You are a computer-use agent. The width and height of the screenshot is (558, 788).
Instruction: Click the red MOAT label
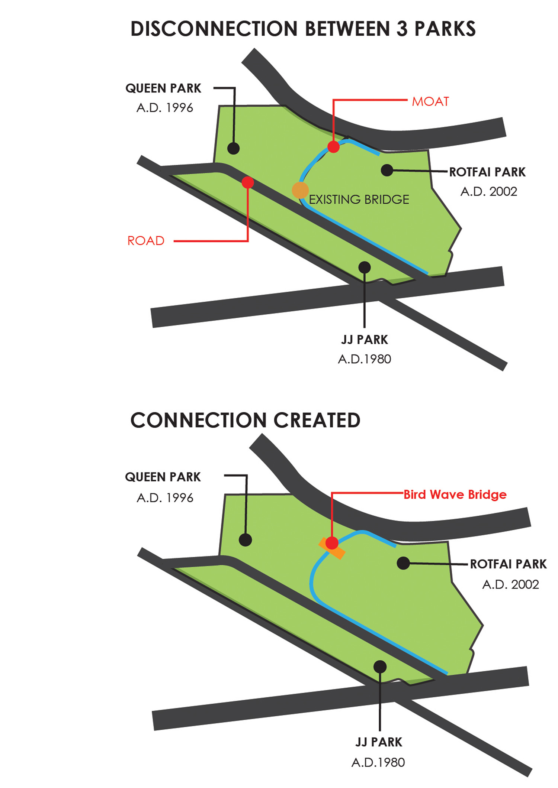point(430,101)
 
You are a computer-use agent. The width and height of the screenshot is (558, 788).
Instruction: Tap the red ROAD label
point(146,241)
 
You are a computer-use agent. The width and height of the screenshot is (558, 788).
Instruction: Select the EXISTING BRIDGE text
point(359,200)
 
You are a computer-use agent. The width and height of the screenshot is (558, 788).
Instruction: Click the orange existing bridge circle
point(300,190)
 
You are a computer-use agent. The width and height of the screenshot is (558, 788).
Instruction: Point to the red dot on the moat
point(334,147)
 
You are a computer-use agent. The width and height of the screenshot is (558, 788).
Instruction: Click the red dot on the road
point(248,182)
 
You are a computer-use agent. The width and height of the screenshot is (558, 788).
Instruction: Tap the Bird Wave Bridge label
point(455,494)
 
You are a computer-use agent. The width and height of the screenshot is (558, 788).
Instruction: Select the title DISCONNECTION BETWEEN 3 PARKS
point(303,29)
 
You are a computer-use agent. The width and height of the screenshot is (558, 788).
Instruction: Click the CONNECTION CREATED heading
point(245,420)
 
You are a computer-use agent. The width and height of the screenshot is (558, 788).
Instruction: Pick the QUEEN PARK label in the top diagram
point(163,88)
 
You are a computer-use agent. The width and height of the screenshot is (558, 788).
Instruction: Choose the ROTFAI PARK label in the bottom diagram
point(508,564)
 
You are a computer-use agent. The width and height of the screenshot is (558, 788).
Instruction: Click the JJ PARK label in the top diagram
point(364,340)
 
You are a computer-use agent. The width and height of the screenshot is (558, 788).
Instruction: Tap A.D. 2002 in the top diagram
point(489,192)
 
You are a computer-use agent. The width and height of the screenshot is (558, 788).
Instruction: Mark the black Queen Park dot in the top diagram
point(233,148)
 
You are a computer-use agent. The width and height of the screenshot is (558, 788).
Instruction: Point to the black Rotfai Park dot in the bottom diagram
point(403,563)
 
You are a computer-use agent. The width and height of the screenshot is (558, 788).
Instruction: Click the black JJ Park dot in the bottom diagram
point(380,667)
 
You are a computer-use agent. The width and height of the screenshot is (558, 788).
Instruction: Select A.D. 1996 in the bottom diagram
point(165,498)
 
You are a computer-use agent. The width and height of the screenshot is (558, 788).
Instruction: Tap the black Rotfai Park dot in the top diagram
point(387,170)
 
